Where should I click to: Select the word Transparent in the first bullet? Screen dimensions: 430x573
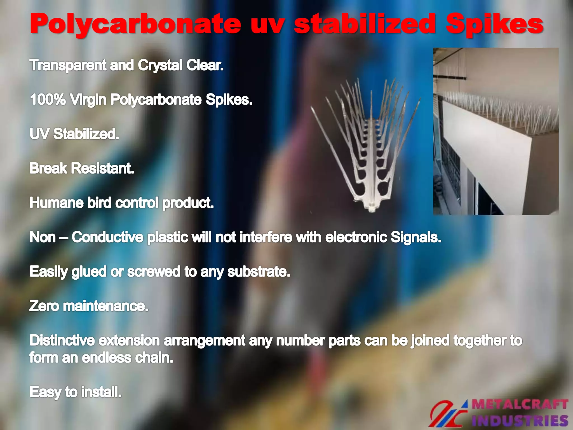point(68,65)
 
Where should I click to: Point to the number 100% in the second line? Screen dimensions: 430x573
point(48,99)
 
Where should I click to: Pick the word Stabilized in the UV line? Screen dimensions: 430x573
point(86,134)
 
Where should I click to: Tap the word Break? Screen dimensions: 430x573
point(48,168)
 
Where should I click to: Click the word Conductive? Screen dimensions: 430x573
point(107,237)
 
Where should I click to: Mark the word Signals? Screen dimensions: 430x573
point(416,237)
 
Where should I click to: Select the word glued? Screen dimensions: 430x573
point(89,272)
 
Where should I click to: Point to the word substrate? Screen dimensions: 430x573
point(259,272)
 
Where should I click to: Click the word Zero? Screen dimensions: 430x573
point(44,306)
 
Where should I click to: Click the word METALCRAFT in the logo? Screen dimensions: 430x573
point(520,404)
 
